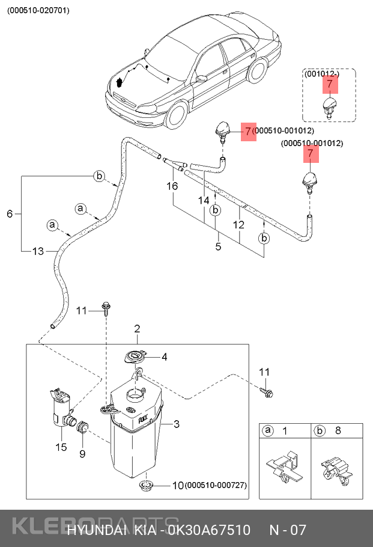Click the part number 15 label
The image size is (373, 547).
61,447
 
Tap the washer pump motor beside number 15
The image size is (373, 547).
60,409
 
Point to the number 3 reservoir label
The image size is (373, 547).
177,424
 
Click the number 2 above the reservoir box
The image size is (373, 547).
137,329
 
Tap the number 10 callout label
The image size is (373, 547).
177,485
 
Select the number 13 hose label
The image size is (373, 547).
38,251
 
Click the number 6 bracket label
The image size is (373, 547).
10,213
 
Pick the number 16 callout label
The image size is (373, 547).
172,186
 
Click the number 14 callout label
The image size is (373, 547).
205,200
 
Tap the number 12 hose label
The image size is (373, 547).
238,225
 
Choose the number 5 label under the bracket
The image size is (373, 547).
218,246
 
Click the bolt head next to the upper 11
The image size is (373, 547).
106,308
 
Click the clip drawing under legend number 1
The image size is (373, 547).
284,468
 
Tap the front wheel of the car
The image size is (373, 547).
176,115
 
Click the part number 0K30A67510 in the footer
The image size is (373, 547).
209,531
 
